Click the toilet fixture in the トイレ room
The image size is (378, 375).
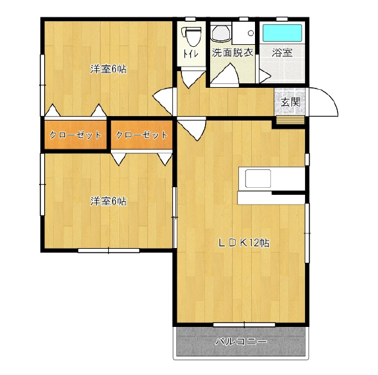click(x=192, y=36)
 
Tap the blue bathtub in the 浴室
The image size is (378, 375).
click(x=282, y=33)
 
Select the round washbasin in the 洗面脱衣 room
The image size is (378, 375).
click(x=221, y=33)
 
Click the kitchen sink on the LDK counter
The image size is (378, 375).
click(x=258, y=178)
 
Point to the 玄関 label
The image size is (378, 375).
click(x=291, y=102)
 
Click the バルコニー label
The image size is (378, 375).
click(x=241, y=342)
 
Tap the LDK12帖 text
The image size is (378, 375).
click(x=243, y=243)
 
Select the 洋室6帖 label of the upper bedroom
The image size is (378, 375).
click(x=108, y=69)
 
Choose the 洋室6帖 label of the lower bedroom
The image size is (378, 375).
click(x=108, y=201)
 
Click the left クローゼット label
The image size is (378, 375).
click(x=75, y=135)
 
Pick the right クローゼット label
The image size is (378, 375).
click(x=142, y=135)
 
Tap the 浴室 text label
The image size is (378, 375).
click(x=282, y=53)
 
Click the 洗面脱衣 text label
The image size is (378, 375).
click(x=233, y=53)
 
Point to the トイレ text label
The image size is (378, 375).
click(x=191, y=54)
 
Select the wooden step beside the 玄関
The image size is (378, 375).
click(x=290, y=120)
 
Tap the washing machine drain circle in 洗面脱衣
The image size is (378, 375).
click(x=251, y=33)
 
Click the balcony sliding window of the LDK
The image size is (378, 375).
click(x=244, y=324)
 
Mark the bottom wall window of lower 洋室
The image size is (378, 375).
click(x=109, y=251)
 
